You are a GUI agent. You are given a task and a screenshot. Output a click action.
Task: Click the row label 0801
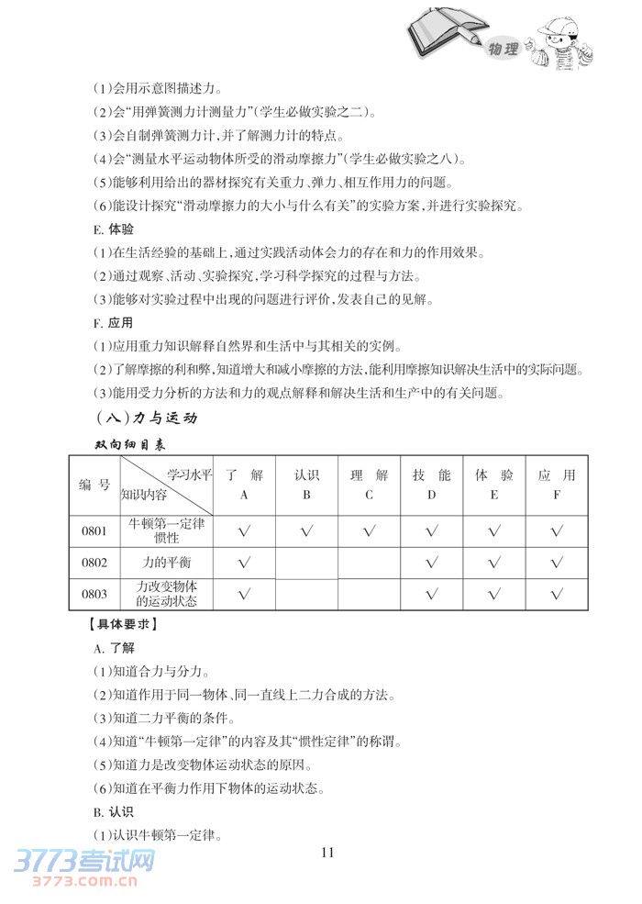pos(94,530)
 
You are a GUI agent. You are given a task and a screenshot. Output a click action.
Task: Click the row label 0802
pos(94,562)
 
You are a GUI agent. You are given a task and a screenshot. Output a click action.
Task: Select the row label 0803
pos(94,594)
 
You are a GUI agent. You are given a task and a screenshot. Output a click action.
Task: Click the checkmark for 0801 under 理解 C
pos(369,530)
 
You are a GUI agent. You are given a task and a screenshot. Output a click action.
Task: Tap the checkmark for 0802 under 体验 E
pos(493,563)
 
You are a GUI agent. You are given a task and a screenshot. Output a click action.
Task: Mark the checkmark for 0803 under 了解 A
pos(244,595)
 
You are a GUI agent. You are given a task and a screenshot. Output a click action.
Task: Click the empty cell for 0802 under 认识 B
pos(306,563)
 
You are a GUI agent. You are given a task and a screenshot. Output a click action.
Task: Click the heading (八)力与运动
pos(146,419)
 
